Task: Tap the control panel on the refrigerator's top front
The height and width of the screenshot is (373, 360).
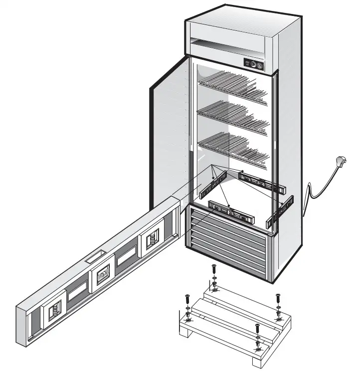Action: pyautogui.click(x=254, y=64)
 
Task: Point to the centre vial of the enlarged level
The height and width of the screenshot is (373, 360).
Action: pyautogui.click(x=103, y=273)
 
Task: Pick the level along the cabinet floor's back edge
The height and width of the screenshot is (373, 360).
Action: pyautogui.click(x=261, y=182)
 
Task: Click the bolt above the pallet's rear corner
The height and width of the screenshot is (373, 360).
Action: pyautogui.click(x=214, y=269)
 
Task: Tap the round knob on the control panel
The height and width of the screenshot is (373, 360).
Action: pyautogui.click(x=258, y=64)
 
